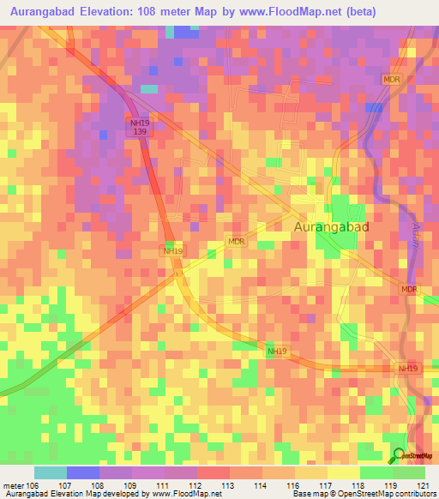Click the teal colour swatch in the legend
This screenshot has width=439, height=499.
click(51, 472)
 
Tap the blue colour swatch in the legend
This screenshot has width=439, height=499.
click(83, 472)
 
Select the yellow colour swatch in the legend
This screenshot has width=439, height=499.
click(343, 472)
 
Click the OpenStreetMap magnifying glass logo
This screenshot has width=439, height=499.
click(398, 455)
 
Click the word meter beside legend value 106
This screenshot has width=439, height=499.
click(15, 484)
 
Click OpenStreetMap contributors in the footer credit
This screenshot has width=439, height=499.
click(390, 494)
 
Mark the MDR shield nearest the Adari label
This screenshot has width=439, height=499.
click(409, 291)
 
